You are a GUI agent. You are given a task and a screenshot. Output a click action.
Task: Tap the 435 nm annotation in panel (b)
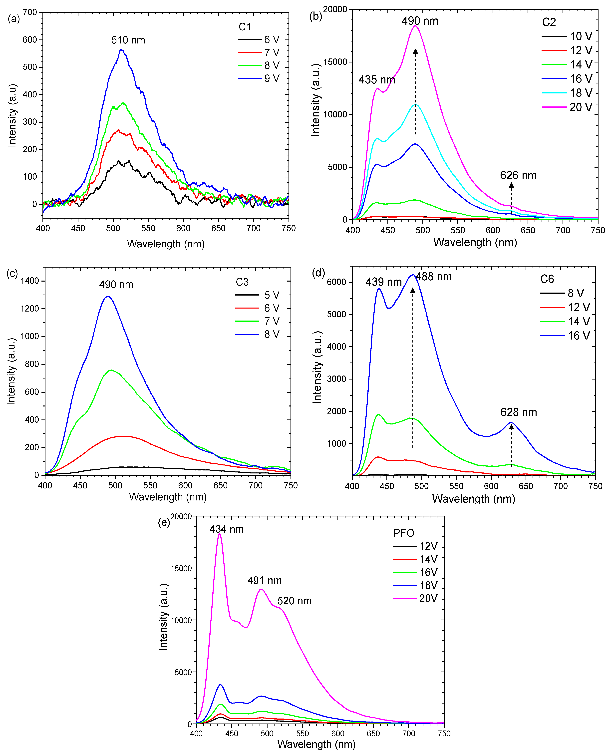377,80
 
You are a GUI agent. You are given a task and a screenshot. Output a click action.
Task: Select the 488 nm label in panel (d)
434,277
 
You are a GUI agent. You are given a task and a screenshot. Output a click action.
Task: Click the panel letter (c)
12,273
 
